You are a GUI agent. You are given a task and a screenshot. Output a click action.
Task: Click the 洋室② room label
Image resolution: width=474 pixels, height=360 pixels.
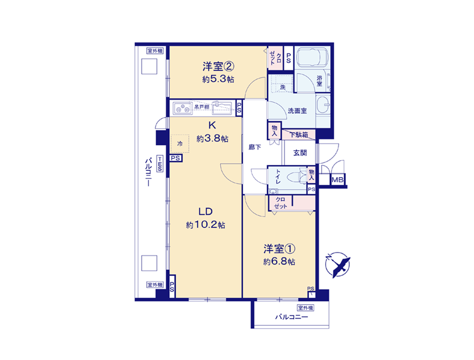pos(218,66)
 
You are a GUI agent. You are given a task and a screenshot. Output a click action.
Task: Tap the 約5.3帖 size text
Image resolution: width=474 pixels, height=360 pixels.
pos(218,79)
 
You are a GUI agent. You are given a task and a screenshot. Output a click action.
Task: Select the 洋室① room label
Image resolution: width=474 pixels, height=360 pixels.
pos(280,249)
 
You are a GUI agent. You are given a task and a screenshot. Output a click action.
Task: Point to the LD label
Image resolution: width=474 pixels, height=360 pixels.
pos(206,211)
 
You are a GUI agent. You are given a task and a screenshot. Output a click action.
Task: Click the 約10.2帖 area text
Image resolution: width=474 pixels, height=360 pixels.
pos(206,225)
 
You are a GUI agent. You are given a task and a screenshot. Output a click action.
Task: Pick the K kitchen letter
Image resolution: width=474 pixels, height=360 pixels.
pos(212,125)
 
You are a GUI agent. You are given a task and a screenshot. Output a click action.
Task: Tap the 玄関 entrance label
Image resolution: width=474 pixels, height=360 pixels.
pos(300,153)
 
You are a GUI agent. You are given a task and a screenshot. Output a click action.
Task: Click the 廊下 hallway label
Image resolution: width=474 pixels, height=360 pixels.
pos(255,147)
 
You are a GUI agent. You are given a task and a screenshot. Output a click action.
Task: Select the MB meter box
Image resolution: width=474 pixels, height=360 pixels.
pos(338,180)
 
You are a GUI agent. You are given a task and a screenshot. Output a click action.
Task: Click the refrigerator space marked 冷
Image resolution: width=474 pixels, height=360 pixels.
pos(180,143)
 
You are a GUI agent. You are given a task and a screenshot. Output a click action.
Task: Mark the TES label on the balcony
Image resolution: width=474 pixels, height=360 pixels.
pos(160,164)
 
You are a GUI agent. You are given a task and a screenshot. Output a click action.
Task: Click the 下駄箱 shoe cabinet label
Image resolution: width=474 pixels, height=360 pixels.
pos(299,135)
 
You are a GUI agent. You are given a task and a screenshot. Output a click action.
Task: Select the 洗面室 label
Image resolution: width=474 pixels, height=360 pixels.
pos(297,111)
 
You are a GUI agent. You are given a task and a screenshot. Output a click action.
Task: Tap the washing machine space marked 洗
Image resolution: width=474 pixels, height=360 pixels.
pos(283,83)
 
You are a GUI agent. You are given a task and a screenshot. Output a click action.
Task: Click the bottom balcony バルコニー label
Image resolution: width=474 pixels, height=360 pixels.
pos(292,317)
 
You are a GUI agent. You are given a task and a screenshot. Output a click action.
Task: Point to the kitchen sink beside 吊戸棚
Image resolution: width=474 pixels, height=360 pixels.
pos(222,108)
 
